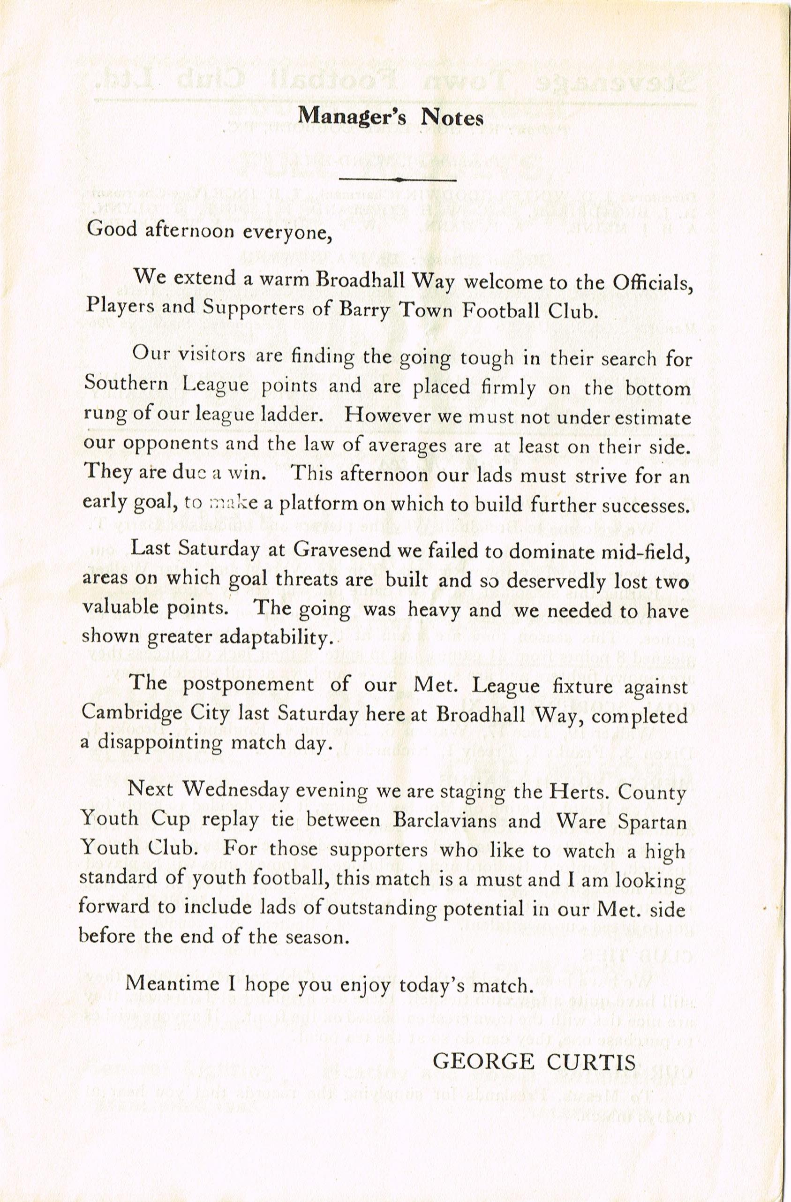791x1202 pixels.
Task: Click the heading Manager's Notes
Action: point(390,117)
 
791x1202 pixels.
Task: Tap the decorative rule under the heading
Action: point(398,179)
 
